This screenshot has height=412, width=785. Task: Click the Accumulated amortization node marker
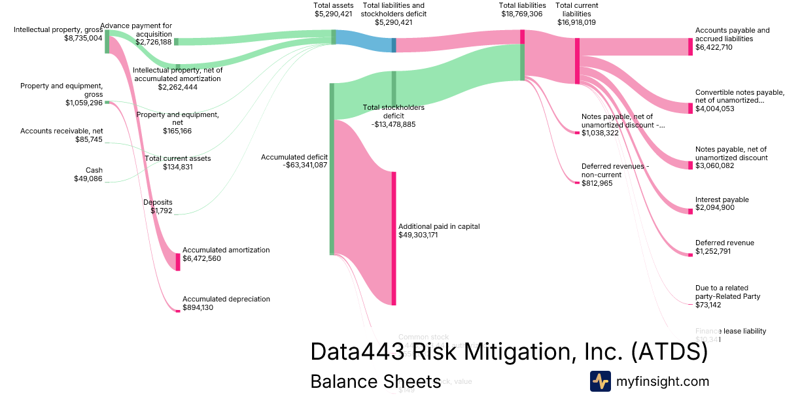pyautogui.click(x=177, y=262)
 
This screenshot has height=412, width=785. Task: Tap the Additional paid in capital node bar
pyautogui.click(x=394, y=238)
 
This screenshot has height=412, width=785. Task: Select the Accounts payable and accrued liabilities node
pyautogui.click(x=689, y=46)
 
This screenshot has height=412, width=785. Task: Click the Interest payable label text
pyautogui.click(x=722, y=199)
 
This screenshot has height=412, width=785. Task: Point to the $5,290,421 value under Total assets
pyautogui.click(x=334, y=14)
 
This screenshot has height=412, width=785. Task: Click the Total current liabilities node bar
pyautogui.click(x=577, y=61)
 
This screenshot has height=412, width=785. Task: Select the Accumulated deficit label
pyautogui.click(x=294, y=157)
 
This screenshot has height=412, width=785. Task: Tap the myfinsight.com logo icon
pyautogui.click(x=600, y=381)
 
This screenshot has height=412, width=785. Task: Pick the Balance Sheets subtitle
pyautogui.click(x=375, y=381)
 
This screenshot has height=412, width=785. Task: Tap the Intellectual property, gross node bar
pyautogui.click(x=107, y=41)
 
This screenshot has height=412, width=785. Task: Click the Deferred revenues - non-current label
pyautogui.click(x=614, y=170)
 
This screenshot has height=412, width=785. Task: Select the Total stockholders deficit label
pyautogui.click(x=394, y=112)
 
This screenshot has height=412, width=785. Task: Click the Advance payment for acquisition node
pyautogui.click(x=176, y=42)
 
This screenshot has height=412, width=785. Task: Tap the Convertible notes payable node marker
pyautogui.click(x=689, y=108)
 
